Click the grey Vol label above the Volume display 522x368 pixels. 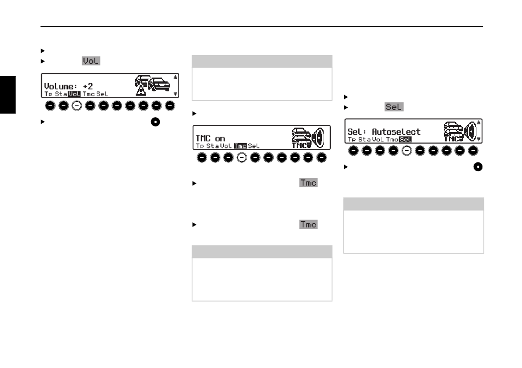pos(91,61)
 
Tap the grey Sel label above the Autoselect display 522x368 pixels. pos(394,107)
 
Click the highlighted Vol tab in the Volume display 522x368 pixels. pos(74,94)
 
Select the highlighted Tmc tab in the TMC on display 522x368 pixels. pos(240,146)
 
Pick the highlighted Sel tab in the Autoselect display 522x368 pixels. pos(406,140)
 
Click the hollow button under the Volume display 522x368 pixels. pos(77,105)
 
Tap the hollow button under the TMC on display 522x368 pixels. pos(241,158)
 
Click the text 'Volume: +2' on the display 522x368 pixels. pos(66,86)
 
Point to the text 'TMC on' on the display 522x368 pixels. pos(210,138)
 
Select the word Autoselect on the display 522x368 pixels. pos(396,132)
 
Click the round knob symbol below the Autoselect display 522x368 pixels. pos(478,167)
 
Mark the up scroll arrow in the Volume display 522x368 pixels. pos(175,78)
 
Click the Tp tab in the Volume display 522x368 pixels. pos(48,94)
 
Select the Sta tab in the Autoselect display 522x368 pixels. pos(364,140)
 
